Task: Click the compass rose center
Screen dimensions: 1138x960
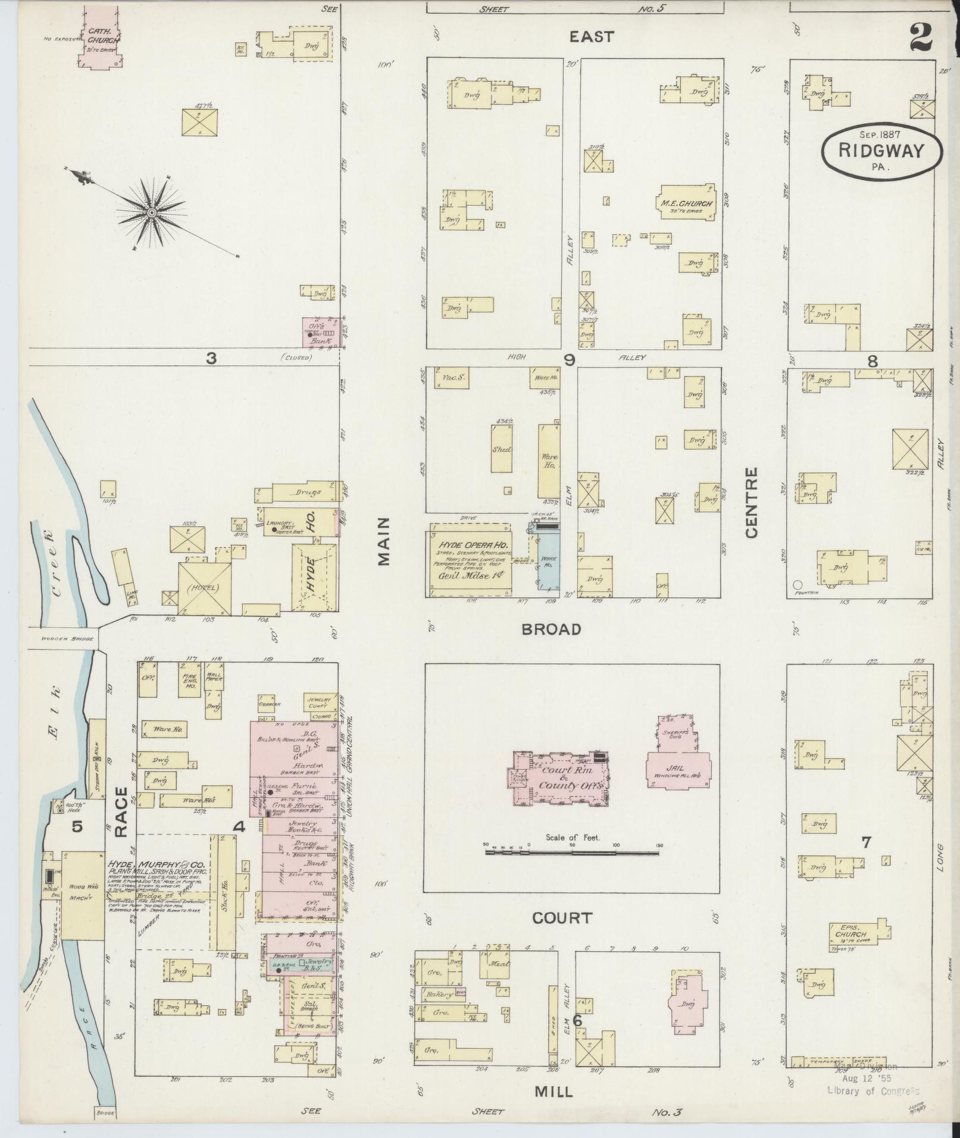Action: point(152,212)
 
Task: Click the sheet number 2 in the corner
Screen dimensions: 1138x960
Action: point(921,37)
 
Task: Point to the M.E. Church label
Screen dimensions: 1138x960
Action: point(686,204)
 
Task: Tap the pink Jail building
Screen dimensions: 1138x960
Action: point(679,769)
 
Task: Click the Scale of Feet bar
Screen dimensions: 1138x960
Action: point(572,852)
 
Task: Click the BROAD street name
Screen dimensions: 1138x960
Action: point(551,629)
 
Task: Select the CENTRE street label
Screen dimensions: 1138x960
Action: point(751,503)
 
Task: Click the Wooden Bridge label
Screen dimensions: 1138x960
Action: point(67,639)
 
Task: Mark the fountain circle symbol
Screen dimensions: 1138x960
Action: point(798,584)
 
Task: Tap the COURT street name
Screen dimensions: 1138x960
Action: point(562,918)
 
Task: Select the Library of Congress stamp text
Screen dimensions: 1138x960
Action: point(873,1090)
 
